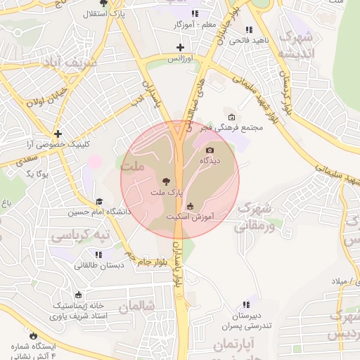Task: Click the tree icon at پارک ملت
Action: point(166,181)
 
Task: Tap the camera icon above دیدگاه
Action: point(210,150)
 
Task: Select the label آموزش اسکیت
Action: point(191,217)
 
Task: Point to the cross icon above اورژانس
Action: point(181,47)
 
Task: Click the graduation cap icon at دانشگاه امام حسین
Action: point(98,202)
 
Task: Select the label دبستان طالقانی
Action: point(98,265)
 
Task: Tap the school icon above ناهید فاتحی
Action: point(248,30)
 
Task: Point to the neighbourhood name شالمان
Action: point(136,307)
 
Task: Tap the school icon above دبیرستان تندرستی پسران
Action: point(245,304)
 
